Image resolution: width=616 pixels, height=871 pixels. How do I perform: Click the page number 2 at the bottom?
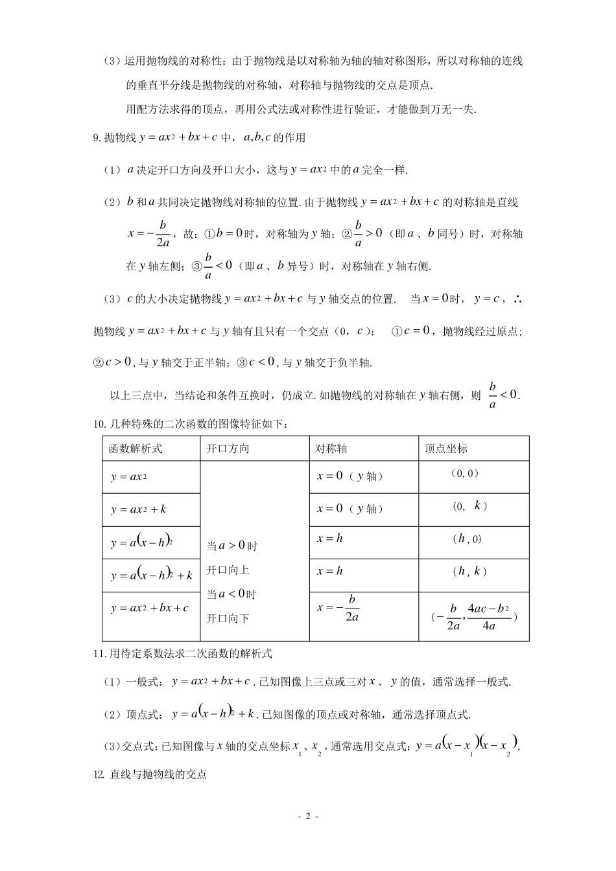tap(308, 817)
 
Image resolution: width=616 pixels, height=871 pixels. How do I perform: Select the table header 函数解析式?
tap(135, 448)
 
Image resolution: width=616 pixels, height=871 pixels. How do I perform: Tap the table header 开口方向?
tap(228, 448)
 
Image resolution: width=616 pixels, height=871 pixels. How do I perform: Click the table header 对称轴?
tap(331, 448)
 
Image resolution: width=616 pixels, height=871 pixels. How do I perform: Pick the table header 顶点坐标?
tap(445, 448)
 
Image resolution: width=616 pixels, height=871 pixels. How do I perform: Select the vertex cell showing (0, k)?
tap(469, 506)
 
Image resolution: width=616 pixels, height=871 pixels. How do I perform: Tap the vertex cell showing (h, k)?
tap(469, 571)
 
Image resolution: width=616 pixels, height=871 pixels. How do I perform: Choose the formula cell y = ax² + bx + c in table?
tap(149, 608)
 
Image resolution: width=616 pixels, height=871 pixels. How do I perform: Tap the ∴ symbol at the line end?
tap(517, 299)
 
